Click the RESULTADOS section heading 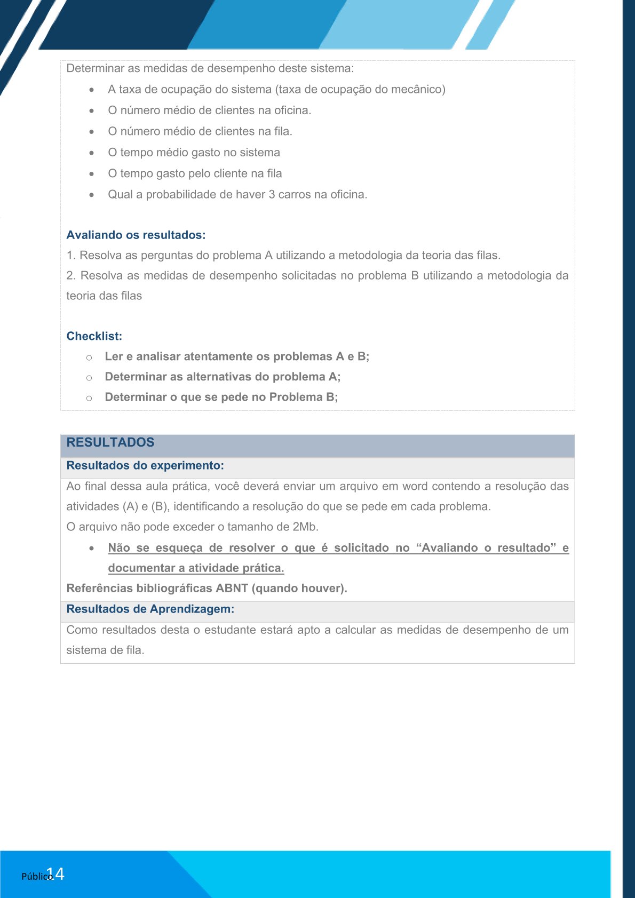(x=110, y=442)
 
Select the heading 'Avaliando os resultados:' (x=136, y=235)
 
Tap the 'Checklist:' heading (x=94, y=336)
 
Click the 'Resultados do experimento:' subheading (x=145, y=466)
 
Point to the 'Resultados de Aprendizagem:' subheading (x=150, y=609)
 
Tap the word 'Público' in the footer (x=36, y=877)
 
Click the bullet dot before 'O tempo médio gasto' (x=92, y=153)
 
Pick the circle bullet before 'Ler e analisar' (x=89, y=357)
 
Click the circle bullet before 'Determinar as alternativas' (x=89, y=378)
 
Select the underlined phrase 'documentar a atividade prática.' (x=196, y=568)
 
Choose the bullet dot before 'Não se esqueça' (x=92, y=549)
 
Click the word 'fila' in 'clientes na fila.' (x=283, y=132)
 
